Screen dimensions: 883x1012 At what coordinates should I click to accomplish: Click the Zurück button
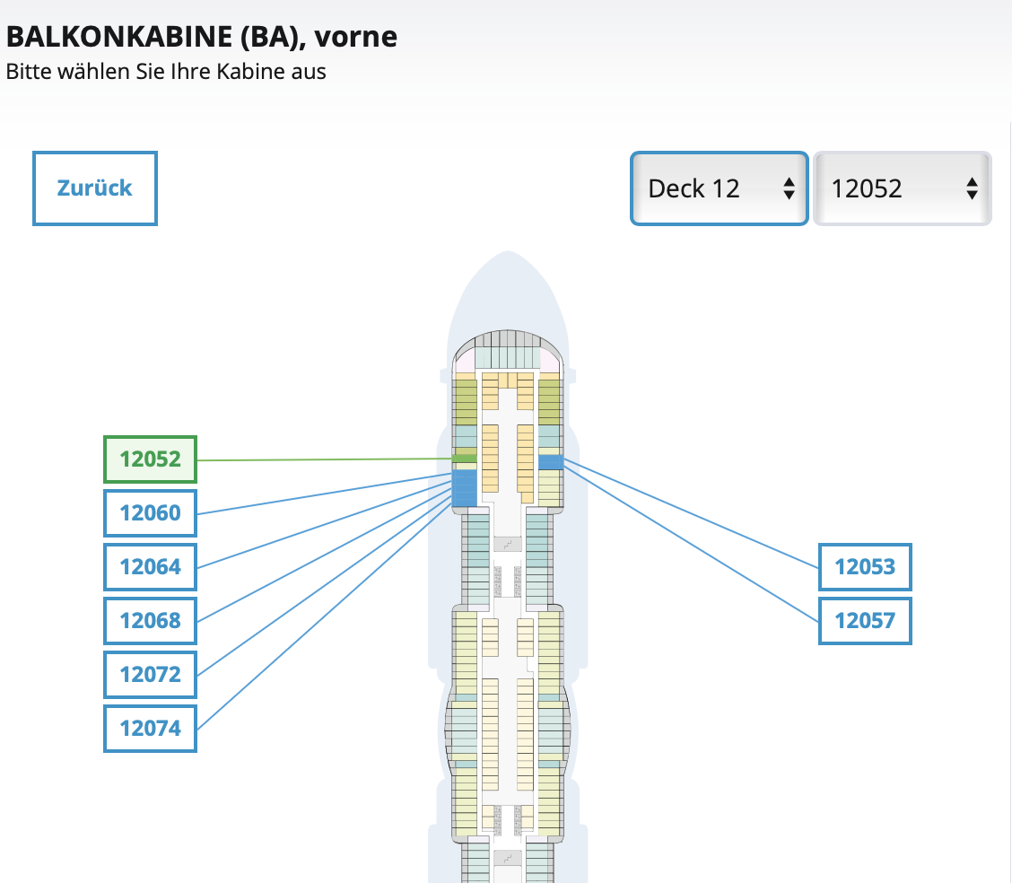(x=95, y=188)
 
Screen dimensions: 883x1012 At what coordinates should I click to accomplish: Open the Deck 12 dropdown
(x=719, y=188)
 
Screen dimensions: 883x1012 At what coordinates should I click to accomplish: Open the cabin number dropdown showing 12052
(x=902, y=188)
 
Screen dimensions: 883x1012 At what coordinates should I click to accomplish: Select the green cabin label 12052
(x=150, y=459)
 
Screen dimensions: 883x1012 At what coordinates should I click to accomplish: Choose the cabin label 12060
(x=150, y=513)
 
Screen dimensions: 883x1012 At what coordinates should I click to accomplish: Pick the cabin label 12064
(x=150, y=567)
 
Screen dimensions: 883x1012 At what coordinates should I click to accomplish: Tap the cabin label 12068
(x=150, y=621)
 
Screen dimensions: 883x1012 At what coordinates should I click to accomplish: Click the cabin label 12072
(x=150, y=675)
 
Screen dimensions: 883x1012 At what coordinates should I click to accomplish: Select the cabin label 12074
(x=150, y=729)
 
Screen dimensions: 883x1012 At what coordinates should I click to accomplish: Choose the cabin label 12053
(x=865, y=567)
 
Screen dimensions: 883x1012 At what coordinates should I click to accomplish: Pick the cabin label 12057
(x=865, y=621)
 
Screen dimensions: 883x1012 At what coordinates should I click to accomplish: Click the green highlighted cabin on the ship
(x=464, y=459)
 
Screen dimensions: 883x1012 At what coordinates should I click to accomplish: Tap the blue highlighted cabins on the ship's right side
(x=550, y=462)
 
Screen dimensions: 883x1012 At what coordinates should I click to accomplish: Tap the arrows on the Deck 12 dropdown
(x=789, y=188)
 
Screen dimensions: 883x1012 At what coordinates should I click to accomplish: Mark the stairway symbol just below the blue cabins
(x=509, y=543)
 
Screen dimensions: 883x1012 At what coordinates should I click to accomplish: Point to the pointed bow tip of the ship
(x=507, y=255)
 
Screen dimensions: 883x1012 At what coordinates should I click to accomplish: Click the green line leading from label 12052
(x=323, y=459)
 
